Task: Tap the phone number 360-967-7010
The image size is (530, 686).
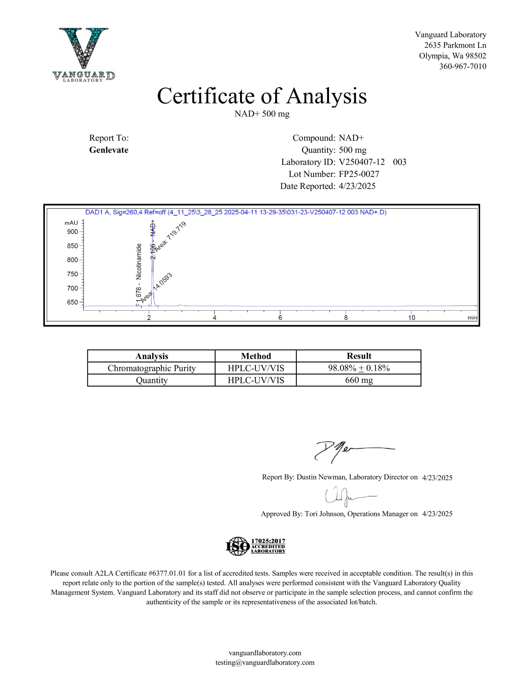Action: tap(462, 66)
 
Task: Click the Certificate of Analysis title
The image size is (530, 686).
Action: tap(262, 96)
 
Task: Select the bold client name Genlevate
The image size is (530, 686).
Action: tap(109, 150)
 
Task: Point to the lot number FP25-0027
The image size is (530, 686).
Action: tap(359, 174)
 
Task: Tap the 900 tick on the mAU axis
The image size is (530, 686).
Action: tap(73, 232)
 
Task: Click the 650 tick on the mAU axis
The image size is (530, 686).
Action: tap(73, 302)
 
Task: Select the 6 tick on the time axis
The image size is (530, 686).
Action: tap(280, 318)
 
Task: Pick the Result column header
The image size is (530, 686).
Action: tap(359, 356)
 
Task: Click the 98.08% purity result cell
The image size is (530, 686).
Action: tap(359, 368)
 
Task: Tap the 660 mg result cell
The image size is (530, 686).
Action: tap(359, 380)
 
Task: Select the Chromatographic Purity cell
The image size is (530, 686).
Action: tap(151, 368)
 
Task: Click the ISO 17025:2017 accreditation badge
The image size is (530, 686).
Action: tap(255, 546)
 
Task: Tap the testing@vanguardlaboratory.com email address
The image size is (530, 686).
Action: tap(265, 662)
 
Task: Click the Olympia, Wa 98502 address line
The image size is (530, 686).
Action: tap(452, 56)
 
